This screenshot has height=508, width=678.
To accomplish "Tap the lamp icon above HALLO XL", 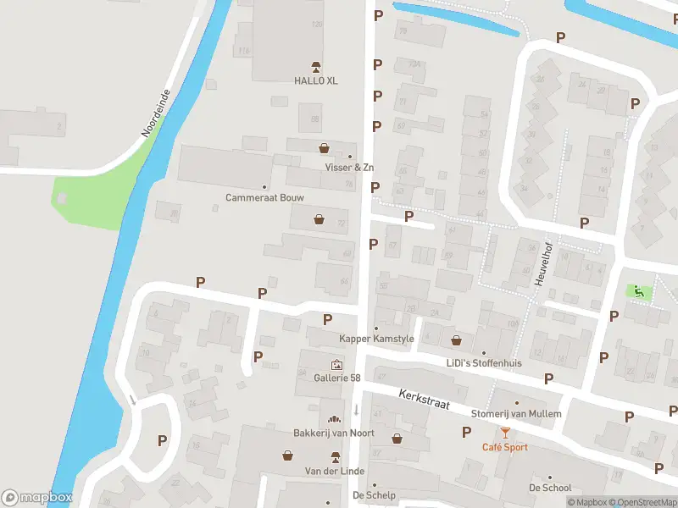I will [x=316, y=66].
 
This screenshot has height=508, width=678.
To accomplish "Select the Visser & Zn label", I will [x=349, y=168].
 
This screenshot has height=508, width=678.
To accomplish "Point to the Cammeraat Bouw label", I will [x=264, y=197].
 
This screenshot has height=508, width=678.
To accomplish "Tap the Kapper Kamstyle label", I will [x=376, y=339].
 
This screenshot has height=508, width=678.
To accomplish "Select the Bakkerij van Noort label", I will [x=334, y=433].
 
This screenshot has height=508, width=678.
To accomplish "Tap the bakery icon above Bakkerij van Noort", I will [x=334, y=420].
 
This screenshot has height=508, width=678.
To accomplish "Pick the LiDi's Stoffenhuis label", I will [x=484, y=363].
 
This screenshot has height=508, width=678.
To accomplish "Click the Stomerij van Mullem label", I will [x=516, y=414].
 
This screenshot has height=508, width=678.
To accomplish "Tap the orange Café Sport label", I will [x=505, y=447].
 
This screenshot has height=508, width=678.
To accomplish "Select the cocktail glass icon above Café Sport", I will [x=505, y=433].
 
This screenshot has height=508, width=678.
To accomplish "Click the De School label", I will [x=550, y=488].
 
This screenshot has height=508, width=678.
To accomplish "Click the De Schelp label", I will [x=375, y=495].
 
